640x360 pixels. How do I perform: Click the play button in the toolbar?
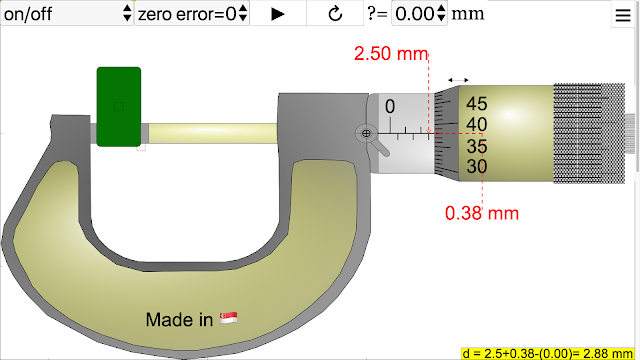pos(278,14)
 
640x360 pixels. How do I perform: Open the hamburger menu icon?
pos(623,15)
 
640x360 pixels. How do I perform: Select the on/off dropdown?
pos(67,14)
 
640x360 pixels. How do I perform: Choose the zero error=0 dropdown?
pos(192,14)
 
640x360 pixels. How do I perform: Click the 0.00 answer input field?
pos(419,14)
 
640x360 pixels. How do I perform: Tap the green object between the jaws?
pos(119,107)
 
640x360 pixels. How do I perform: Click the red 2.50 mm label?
pos(391,54)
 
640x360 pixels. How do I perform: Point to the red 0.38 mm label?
pos(482,213)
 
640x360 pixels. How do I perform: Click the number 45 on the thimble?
pos(476,104)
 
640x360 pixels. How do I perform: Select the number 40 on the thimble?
pos(476,124)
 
